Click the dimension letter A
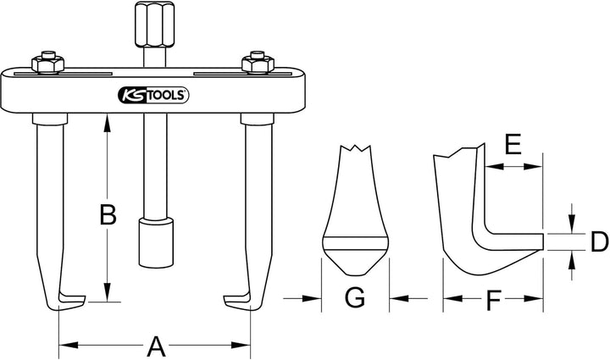156,346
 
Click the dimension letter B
108,215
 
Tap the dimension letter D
599,241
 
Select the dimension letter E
513,144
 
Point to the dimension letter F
493,301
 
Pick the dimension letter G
355,297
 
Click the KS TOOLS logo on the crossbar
153,95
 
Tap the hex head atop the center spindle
154,24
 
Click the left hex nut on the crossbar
47,63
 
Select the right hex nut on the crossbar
258,63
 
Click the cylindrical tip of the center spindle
156,242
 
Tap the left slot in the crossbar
64,74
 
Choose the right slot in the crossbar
242,74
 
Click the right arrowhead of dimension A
241,346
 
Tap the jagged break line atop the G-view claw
356,147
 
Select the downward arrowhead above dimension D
571,224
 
